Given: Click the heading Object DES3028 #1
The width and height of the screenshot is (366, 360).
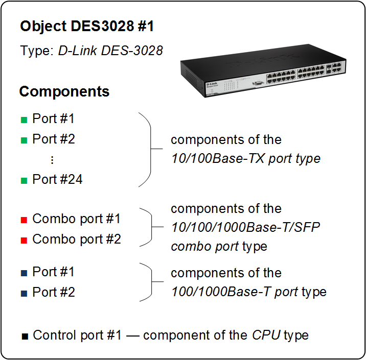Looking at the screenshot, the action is coord(87,26).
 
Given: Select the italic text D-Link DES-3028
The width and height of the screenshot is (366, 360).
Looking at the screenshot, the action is coord(110,51).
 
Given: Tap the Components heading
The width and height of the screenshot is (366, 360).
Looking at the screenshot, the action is coord(64,91).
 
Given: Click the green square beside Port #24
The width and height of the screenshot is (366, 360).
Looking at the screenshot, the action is coord(24,181).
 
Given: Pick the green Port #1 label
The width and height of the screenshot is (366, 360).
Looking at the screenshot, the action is coord(53,118).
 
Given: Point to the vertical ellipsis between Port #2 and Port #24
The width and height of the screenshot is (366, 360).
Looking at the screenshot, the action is coord(52,160).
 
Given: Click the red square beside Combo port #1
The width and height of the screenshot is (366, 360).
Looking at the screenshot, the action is coord(24,220).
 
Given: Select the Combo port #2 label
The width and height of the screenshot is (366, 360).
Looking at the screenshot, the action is coord(77,239).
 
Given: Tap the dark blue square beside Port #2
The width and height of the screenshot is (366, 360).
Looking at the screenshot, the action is coord(24,293).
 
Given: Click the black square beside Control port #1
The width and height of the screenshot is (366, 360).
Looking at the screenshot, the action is coord(25,337).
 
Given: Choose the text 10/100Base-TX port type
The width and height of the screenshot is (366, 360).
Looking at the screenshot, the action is coord(246,159).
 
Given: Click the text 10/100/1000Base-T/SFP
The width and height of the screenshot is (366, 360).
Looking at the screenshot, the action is coord(245,227).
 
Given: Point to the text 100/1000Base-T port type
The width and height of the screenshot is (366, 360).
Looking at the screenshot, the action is coord(249,292).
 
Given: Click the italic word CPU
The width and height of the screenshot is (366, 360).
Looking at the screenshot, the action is coord(266,335).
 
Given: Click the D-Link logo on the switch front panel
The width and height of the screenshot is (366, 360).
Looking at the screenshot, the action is coord(212,84).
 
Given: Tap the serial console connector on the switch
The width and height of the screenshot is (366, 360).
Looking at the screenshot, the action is coord(258,83).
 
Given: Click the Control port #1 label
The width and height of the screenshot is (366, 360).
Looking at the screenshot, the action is coord(77,335).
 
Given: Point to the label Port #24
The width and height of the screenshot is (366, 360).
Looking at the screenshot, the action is coord(57,179).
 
